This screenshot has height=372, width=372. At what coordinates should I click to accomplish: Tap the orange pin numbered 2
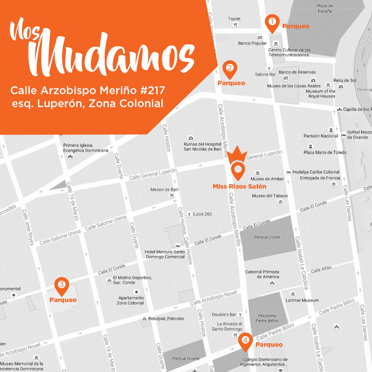(230, 68)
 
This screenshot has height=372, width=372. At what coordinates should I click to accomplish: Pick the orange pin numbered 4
(245, 340)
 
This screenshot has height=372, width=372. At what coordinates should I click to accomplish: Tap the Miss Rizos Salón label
(239, 186)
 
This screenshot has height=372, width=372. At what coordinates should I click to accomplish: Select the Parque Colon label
(267, 237)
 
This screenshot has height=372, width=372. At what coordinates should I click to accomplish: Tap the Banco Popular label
(253, 44)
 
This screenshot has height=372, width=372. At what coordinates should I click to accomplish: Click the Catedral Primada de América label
(262, 275)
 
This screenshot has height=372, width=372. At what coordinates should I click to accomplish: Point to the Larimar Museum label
(302, 300)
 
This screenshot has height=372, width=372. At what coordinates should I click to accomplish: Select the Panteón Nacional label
(321, 136)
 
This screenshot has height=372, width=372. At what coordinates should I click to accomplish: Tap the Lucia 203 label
(202, 214)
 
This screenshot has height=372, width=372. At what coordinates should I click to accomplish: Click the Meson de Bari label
(164, 190)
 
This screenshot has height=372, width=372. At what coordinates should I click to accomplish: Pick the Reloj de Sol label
(345, 80)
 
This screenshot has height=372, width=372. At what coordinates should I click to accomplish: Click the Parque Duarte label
(186, 359)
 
